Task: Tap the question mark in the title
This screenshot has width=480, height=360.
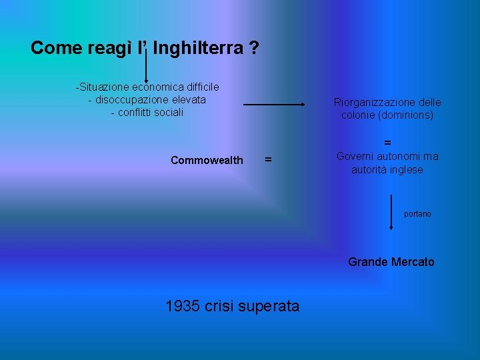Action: pyautogui.click(x=255, y=48)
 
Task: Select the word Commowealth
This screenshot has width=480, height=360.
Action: pyautogui.click(x=207, y=160)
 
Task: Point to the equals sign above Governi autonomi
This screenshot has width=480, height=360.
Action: pyautogui.click(x=387, y=143)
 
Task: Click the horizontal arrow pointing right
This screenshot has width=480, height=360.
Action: pyautogui.click(x=273, y=105)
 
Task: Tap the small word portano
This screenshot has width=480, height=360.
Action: pyautogui.click(x=417, y=214)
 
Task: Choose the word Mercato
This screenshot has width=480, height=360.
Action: pyautogui.click(x=413, y=262)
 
